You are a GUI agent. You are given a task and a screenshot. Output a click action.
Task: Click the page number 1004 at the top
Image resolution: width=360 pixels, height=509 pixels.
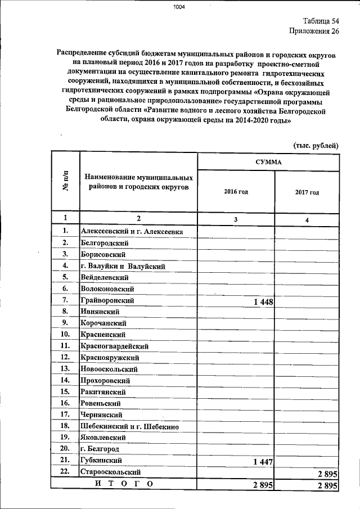[x=179, y=7]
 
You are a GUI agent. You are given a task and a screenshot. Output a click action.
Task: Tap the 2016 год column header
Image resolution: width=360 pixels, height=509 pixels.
[x=236, y=192]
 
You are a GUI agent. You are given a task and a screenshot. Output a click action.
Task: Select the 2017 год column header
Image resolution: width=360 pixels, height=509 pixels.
[x=307, y=192]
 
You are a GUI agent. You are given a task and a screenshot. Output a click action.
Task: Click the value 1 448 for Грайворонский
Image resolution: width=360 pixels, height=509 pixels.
[x=263, y=302]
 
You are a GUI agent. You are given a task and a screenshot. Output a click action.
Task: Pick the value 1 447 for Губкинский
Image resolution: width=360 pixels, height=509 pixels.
[x=263, y=462]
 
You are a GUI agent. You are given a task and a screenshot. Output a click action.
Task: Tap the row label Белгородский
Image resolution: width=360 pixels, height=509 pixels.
[x=105, y=243]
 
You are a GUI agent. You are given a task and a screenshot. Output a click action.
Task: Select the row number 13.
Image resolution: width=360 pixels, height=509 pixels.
[x=65, y=368]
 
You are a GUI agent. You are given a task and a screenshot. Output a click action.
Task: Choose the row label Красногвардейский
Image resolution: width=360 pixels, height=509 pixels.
[x=114, y=346]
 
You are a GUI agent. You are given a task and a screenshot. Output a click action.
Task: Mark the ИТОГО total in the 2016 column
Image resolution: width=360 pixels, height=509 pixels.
[x=263, y=485]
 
